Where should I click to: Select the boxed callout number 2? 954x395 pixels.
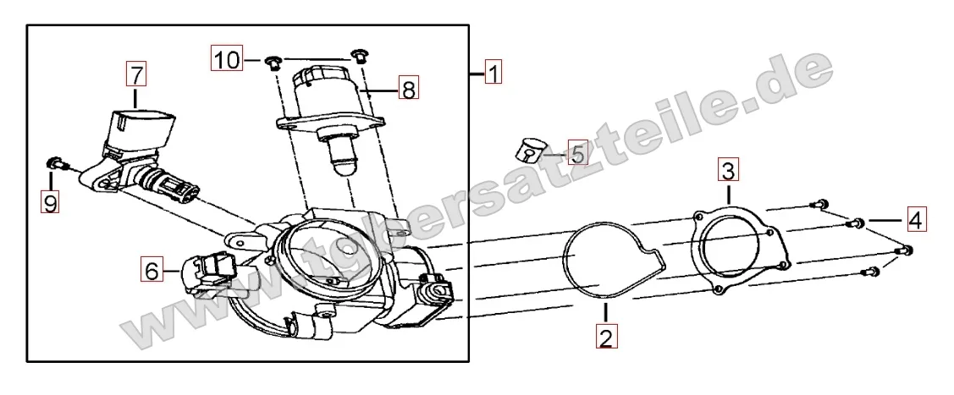click(x=606, y=337)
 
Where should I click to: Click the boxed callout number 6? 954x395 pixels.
click(x=152, y=270)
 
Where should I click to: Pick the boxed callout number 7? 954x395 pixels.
click(x=135, y=74)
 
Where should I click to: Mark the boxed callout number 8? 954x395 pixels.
click(x=409, y=90)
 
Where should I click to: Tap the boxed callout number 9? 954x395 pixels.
click(x=50, y=201)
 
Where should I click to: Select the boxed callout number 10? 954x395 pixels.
click(x=226, y=59)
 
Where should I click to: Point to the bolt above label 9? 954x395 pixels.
click(x=56, y=163)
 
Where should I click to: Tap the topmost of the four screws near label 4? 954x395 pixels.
click(x=822, y=204)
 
